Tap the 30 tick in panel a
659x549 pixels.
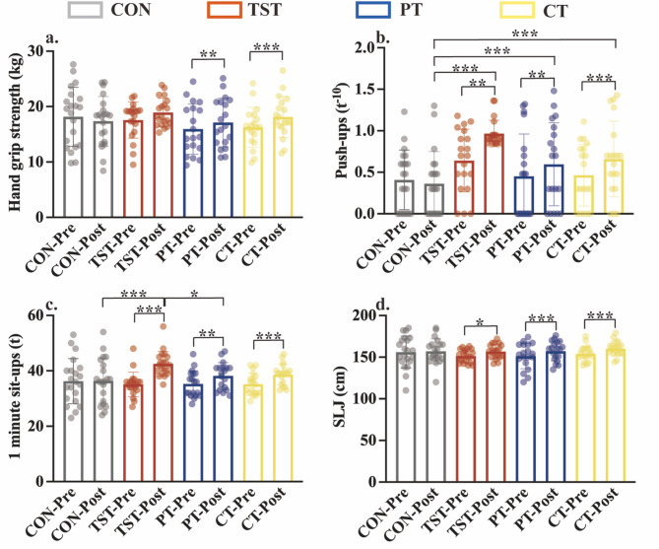click(46, 50)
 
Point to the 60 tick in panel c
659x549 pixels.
click(46, 315)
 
